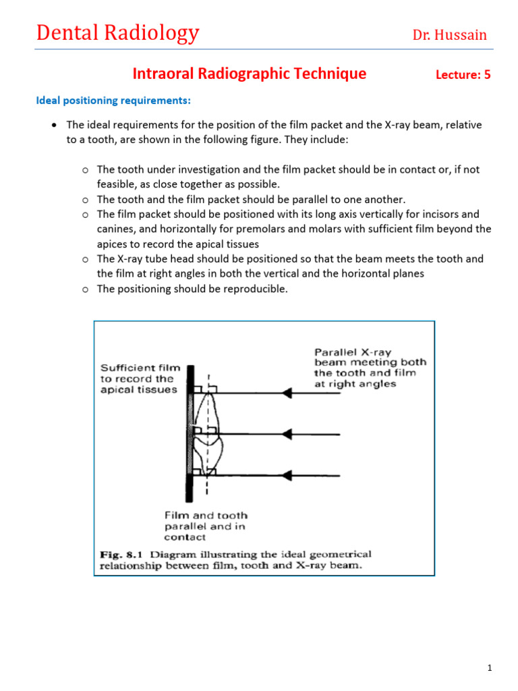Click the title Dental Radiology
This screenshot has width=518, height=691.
(x=118, y=32)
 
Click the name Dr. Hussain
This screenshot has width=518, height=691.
(x=449, y=35)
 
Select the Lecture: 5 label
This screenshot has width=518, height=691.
(x=463, y=75)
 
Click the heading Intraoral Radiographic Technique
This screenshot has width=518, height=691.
(x=250, y=74)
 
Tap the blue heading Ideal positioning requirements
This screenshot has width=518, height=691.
(x=113, y=101)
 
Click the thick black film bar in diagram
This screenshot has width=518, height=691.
(x=191, y=432)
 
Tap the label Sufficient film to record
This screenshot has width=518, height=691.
(x=140, y=379)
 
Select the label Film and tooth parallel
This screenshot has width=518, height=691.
(x=206, y=526)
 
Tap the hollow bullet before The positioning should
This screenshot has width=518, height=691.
(x=85, y=289)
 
